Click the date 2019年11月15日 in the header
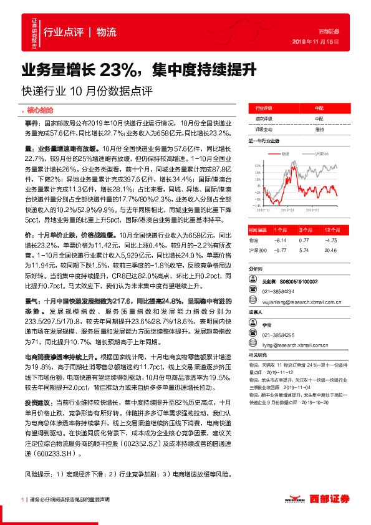[320, 42]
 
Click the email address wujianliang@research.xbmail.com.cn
[304, 301]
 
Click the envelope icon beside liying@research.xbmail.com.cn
[253, 344]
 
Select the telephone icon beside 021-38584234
[253, 291]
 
